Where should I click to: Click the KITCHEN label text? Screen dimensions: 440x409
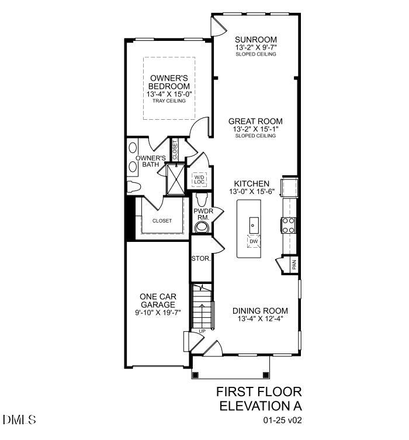tap(251, 183)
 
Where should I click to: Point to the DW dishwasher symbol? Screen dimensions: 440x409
tap(254, 241)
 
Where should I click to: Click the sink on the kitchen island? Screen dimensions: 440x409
tap(254, 223)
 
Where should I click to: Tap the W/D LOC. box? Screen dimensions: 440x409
tap(200, 179)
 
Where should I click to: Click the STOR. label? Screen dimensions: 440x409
tap(200, 258)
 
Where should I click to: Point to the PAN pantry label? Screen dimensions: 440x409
tap(294, 264)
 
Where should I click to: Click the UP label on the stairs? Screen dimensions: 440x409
tap(201, 331)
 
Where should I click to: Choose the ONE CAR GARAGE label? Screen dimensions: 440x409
tap(157, 300)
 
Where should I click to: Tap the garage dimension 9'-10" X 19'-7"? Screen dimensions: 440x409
tap(157, 313)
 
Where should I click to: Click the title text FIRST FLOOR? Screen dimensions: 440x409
tap(259, 391)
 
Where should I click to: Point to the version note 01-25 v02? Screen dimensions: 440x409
tap(283, 420)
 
